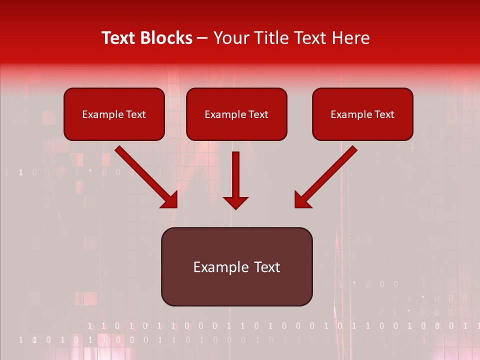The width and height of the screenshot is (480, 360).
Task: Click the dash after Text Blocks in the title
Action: click(x=202, y=38)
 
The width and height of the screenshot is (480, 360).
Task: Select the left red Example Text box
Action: click(x=114, y=114)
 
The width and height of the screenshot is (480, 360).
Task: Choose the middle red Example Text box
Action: click(x=236, y=114)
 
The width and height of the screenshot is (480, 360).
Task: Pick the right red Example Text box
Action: click(x=362, y=114)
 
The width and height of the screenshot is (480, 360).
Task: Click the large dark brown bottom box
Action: click(x=236, y=266)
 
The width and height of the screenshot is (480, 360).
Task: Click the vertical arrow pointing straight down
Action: click(x=235, y=180)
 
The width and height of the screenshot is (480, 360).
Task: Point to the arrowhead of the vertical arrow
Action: click(x=235, y=202)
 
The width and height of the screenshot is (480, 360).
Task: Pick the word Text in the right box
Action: click(x=384, y=114)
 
